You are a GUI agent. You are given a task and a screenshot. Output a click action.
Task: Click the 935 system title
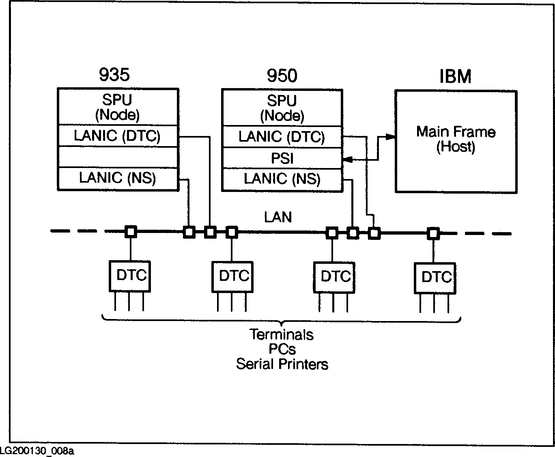(114, 75)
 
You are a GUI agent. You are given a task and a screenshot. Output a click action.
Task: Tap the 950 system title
(282, 76)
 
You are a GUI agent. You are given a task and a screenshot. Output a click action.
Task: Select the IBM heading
(456, 77)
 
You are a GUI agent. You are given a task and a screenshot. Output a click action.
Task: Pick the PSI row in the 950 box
(282, 158)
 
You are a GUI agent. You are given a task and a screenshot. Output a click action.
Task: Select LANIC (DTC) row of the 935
(117, 136)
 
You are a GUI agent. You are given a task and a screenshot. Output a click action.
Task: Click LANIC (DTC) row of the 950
(282, 137)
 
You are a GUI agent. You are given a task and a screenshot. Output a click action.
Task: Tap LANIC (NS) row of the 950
(282, 179)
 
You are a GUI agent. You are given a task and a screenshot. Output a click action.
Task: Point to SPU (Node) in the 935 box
(117, 108)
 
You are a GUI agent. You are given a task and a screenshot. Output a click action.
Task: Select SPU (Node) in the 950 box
(282, 108)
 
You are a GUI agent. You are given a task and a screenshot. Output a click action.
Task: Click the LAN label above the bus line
(278, 218)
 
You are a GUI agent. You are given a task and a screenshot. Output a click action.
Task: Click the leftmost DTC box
(130, 276)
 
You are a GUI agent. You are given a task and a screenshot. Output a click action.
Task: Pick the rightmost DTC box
(435, 278)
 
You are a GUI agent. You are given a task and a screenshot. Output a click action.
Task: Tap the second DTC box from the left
(232, 277)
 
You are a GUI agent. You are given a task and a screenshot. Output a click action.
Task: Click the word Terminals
(282, 335)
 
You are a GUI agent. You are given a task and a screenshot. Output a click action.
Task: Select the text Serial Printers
(282, 364)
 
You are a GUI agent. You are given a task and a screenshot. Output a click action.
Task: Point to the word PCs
(282, 349)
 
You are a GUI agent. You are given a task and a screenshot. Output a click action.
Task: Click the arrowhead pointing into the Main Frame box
(391, 137)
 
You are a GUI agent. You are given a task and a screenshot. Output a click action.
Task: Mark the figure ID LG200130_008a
(37, 451)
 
